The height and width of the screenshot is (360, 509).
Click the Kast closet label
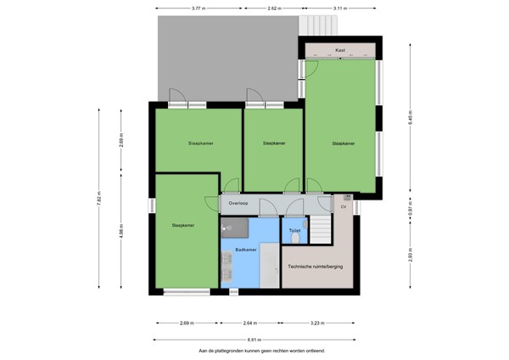point(340,50)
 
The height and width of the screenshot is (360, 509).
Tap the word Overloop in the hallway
point(238,204)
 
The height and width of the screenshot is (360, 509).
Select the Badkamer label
point(246,250)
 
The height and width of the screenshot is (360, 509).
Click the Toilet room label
point(294,231)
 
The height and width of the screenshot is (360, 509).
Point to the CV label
point(344,207)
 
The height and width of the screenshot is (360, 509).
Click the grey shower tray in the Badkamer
point(236,227)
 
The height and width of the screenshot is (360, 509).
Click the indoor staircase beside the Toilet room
point(320,228)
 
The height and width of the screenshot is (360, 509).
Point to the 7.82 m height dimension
point(100,202)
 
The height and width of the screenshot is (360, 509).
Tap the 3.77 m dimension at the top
point(197,8)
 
